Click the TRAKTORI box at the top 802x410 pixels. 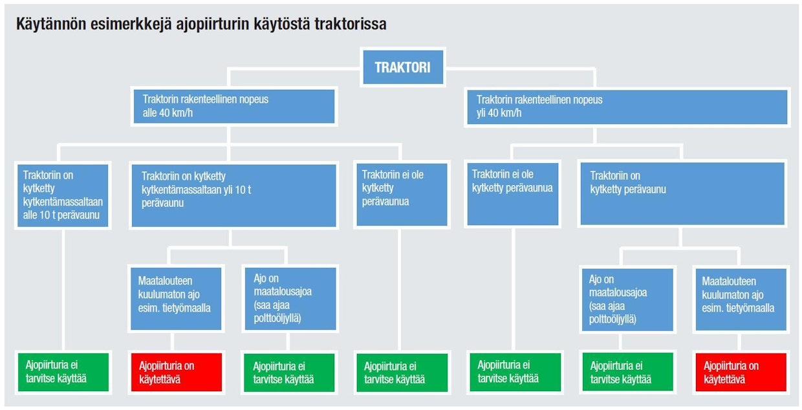403,67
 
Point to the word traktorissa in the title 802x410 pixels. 351,25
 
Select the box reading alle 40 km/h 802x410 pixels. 234,106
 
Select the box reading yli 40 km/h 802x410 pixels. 627,107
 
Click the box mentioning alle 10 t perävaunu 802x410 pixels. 63,195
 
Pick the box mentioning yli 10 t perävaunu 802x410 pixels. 233,195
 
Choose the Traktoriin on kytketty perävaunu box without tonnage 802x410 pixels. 682,194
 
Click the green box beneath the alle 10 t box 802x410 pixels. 63,372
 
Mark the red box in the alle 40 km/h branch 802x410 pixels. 177,372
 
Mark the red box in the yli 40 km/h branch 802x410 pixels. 741,372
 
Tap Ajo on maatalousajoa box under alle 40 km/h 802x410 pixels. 290,299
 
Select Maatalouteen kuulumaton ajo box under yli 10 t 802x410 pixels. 176,299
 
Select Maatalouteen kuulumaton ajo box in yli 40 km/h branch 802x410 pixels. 741,299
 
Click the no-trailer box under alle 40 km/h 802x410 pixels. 402,195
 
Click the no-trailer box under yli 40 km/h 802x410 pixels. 513,194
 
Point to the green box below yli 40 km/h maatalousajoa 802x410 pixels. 628,372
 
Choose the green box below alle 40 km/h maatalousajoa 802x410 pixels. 289,372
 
